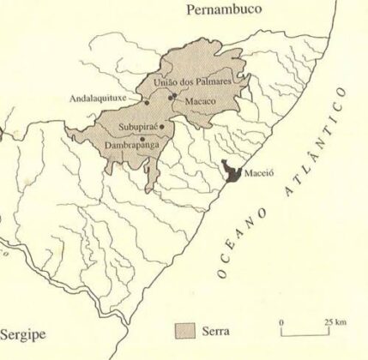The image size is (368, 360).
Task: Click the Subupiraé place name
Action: click(139, 130)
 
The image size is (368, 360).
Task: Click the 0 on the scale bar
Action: click(283, 321)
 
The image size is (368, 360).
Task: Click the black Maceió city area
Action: click(232, 171)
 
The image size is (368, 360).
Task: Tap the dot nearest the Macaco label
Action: click(173, 97)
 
